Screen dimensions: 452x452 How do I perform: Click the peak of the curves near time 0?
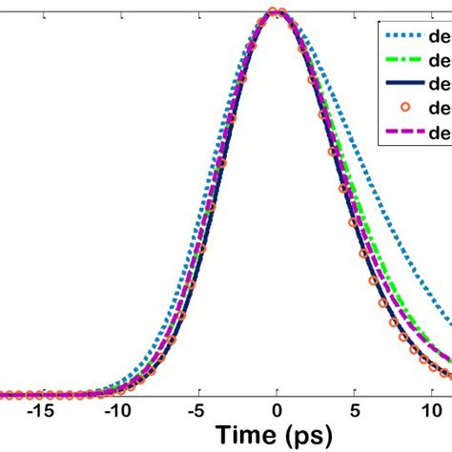(x=277, y=12)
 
